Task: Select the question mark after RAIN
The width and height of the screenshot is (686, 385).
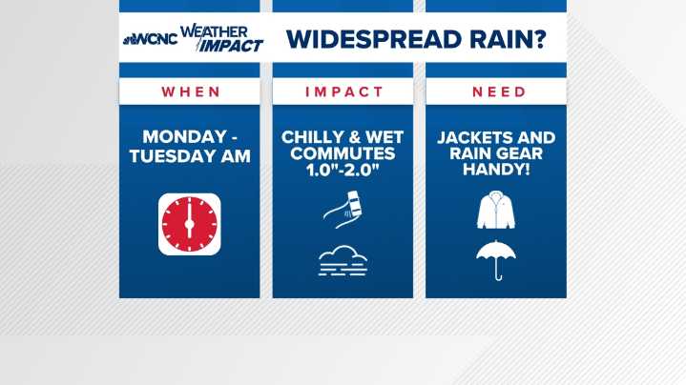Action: pos(539,39)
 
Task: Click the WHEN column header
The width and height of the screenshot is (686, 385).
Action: pos(190,92)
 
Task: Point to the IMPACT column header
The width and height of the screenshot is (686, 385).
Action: pos(343,92)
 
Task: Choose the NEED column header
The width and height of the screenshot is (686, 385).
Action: pos(496,92)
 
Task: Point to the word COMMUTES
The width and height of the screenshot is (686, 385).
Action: pos(343,153)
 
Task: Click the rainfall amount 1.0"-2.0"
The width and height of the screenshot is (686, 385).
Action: pos(343,170)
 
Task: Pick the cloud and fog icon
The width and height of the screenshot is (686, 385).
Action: pos(343,259)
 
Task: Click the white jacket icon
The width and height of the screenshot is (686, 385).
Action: pos(495,212)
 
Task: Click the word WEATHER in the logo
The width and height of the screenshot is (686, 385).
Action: pos(209,30)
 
